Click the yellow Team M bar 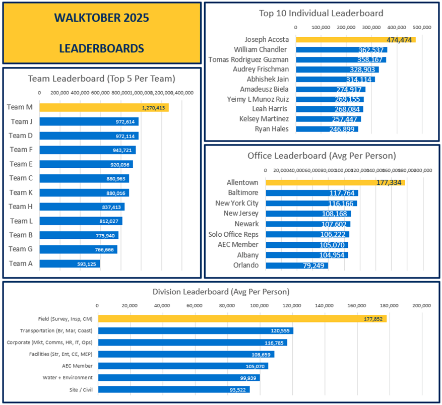(x=104, y=107)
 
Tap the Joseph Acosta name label (x=267, y=39)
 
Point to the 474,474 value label (x=400, y=40)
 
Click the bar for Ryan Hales (x=327, y=129)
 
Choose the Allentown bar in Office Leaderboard (x=335, y=182)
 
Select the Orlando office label (x=245, y=265)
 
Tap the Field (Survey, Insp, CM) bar (x=242, y=319)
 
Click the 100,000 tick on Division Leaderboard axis (x=260, y=305)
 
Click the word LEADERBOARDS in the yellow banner (x=101, y=48)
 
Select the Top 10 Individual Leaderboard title (x=321, y=13)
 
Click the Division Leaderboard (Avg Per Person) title (x=221, y=292)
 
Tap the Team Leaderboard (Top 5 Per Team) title (x=101, y=78)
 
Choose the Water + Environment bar (x=178, y=378)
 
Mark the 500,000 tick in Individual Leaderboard (x=421, y=27)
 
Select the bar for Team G (x=78, y=249)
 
